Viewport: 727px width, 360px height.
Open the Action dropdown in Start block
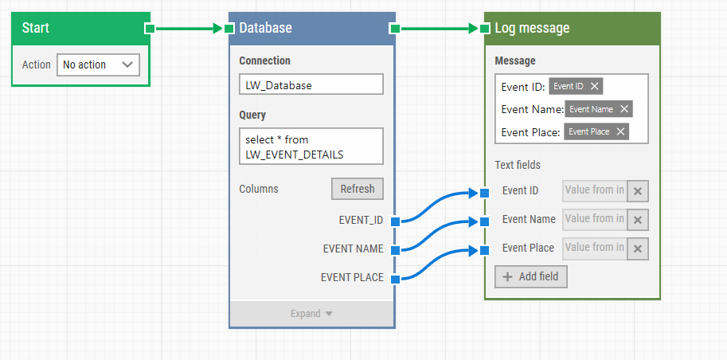(98, 65)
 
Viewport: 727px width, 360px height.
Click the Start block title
(36, 28)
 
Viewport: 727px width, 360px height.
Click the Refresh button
(357, 189)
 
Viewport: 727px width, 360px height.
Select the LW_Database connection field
(311, 84)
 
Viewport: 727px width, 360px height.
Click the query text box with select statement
(311, 147)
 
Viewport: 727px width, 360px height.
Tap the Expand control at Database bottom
(311, 314)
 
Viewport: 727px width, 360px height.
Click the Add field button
(531, 276)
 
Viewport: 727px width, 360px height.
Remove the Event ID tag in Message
(595, 86)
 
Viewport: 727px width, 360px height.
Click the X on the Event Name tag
(624, 109)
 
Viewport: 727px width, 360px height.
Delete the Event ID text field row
(638, 191)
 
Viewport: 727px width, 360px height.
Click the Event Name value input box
(594, 219)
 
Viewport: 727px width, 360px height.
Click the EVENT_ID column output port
(395, 221)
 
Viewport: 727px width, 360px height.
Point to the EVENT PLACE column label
(351, 278)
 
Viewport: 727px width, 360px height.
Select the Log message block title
(531, 28)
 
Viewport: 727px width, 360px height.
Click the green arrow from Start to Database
(187, 29)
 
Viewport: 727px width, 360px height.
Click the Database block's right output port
(394, 29)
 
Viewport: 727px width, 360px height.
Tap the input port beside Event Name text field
(484, 221)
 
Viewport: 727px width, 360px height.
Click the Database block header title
(265, 28)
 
